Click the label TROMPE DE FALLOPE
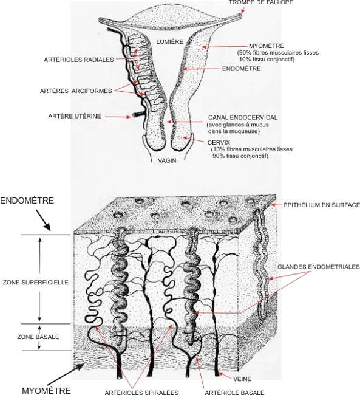coord(261,2)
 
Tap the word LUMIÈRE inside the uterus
coord(169,41)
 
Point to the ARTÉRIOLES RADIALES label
coord(79,60)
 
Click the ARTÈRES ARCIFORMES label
coord(76,91)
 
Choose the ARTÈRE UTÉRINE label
coord(75,116)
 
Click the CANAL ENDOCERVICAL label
coord(243,117)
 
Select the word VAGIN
coord(167,160)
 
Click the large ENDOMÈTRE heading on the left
coord(27,201)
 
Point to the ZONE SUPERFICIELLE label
coord(36,282)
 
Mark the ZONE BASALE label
coord(38,337)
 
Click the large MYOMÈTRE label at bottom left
coord(46,391)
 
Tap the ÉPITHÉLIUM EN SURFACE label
coord(322,205)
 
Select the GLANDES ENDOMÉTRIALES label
coord(319,267)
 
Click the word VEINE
coord(242,379)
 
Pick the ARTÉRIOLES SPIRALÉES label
coord(141,392)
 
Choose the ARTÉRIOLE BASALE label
coord(234,392)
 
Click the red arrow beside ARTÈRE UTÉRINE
coord(118,117)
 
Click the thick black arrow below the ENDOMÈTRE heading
coord(43,220)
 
